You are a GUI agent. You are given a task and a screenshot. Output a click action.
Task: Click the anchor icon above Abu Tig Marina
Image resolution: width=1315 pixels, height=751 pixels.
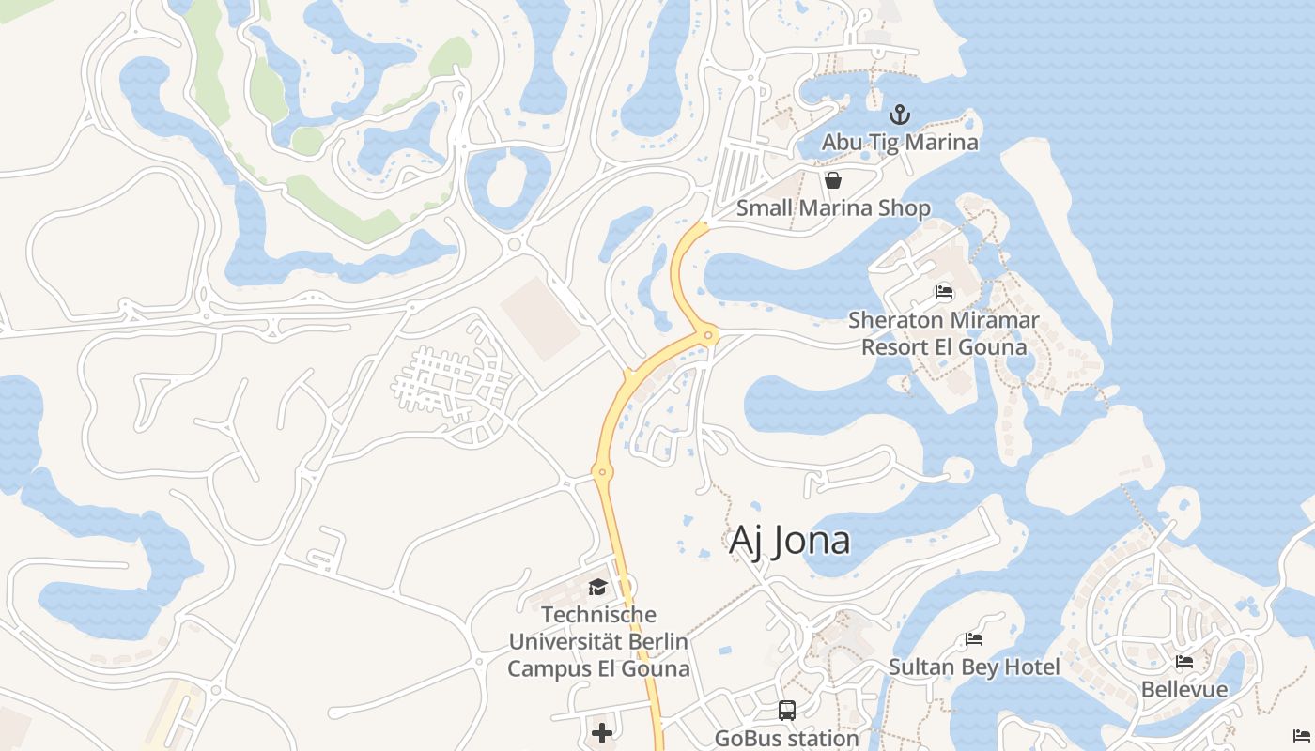click(x=900, y=115)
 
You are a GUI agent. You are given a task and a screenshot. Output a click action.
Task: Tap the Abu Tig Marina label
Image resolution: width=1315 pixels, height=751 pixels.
click(x=900, y=143)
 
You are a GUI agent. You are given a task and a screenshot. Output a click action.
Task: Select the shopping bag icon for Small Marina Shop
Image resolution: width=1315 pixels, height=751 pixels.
click(x=832, y=180)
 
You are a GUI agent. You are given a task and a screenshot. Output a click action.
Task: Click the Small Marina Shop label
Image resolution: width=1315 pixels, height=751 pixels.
click(x=833, y=208)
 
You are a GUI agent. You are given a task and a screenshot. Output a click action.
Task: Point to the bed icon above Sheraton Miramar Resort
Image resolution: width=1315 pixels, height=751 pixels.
click(x=944, y=292)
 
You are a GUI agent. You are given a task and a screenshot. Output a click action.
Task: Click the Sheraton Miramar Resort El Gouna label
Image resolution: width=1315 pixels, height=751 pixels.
click(x=944, y=333)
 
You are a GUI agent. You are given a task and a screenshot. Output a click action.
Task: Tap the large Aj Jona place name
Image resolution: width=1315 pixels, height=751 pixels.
click(x=790, y=541)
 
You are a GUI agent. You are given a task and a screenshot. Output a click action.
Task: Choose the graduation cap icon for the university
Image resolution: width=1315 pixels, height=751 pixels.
click(x=597, y=588)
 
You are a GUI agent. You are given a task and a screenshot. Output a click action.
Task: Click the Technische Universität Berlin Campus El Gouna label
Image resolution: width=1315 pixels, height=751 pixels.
click(x=598, y=642)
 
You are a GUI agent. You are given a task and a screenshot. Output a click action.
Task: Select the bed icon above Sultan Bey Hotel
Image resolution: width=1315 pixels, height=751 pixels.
click(x=974, y=639)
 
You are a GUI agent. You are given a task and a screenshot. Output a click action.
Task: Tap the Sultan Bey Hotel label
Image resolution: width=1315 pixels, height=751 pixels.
click(x=974, y=667)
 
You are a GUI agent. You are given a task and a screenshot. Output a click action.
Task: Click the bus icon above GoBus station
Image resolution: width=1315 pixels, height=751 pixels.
click(x=787, y=711)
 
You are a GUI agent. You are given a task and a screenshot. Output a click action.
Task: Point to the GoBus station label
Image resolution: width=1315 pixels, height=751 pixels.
click(x=787, y=739)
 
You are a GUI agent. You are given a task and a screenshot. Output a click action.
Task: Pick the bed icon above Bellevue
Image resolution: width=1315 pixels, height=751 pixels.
click(x=1184, y=662)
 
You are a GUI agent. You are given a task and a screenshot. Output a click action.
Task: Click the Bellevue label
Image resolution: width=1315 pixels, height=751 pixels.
click(x=1184, y=690)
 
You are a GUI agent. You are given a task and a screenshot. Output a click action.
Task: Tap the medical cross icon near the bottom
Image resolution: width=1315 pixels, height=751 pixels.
click(x=602, y=732)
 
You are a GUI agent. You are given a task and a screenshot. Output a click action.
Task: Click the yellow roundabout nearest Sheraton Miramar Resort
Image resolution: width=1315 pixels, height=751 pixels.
click(x=709, y=334)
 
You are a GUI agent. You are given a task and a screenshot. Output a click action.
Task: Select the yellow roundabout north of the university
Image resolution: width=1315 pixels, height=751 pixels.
click(x=602, y=471)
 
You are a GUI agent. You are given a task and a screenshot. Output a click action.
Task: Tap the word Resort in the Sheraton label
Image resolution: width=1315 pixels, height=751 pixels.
click(x=894, y=347)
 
